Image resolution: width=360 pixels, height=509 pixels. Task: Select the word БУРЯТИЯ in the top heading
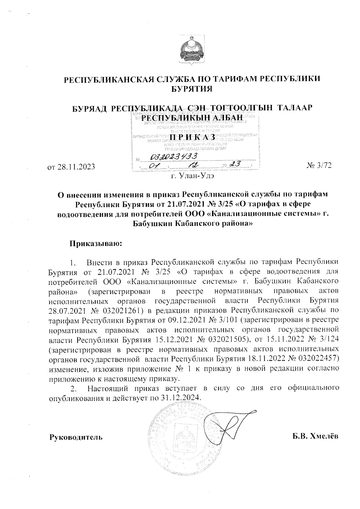coord(191,88)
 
